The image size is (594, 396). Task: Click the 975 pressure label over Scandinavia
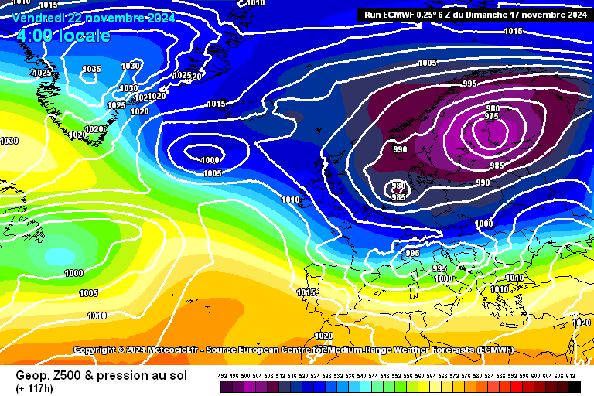click(492, 117)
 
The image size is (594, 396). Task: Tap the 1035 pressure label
click(92, 70)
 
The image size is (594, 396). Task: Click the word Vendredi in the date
click(39, 17)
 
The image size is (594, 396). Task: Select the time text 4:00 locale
click(63, 36)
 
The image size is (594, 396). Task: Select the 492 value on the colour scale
click(224, 376)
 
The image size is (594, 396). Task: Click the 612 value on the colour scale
click(571, 376)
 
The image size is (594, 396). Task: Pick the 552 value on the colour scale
click(398, 376)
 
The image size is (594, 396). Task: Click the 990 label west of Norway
click(400, 149)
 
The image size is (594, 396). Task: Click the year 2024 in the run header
click(573, 14)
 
